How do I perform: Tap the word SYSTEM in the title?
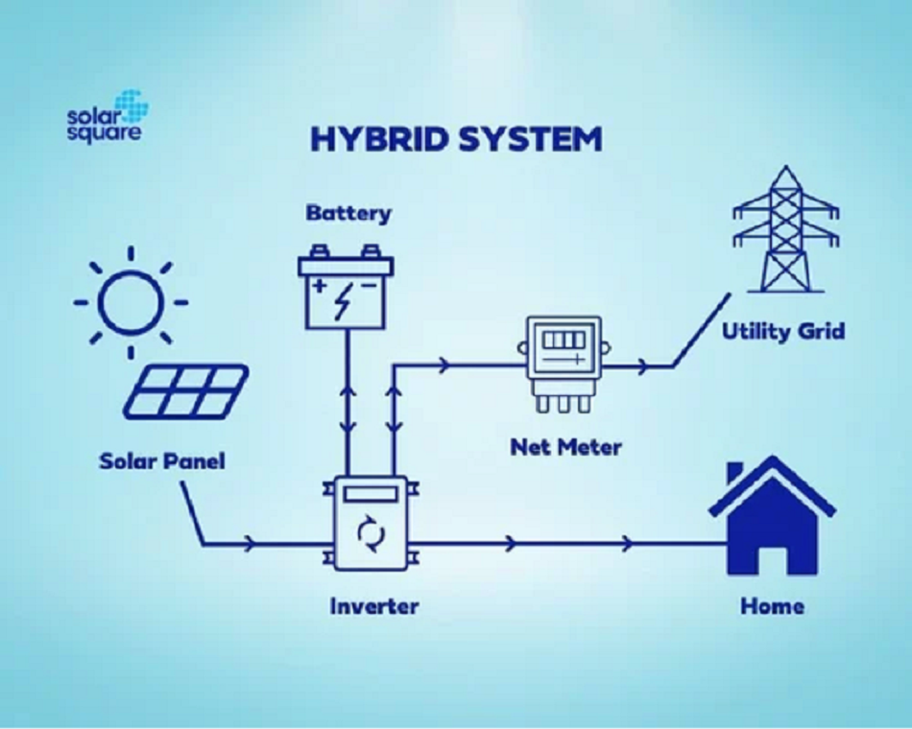(x=530, y=139)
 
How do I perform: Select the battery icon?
(x=346, y=287)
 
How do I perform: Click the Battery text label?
(x=349, y=213)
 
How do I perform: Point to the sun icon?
(x=131, y=302)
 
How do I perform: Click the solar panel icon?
(x=186, y=391)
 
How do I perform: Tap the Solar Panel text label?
(x=161, y=461)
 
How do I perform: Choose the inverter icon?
(x=371, y=523)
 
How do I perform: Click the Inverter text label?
(x=374, y=606)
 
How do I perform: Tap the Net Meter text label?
(x=566, y=448)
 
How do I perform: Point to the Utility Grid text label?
(x=782, y=331)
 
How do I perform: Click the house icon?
(x=772, y=515)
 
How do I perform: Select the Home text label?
(x=773, y=606)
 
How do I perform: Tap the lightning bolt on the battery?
(x=344, y=300)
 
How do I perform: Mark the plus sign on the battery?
(x=320, y=286)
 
